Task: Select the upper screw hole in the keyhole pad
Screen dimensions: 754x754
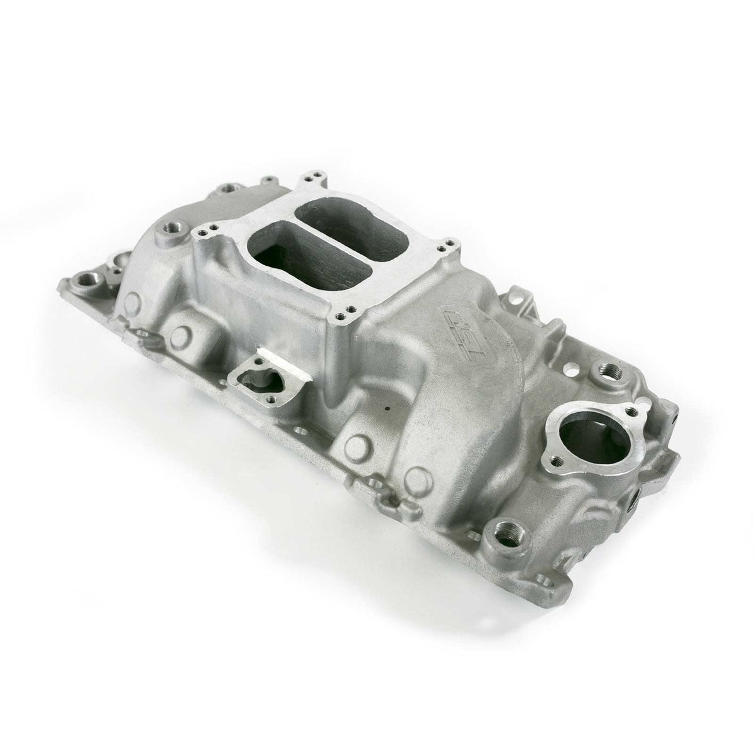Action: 259,368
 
